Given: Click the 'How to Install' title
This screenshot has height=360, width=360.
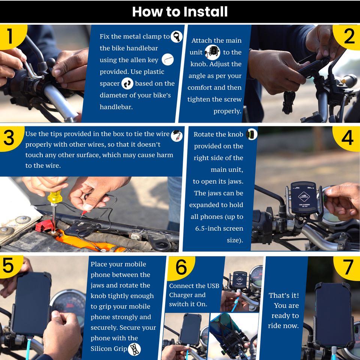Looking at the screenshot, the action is pos(180,12).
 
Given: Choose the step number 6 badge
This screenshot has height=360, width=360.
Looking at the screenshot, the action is pos(181,267).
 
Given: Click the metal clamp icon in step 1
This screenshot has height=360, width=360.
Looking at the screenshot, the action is pos(177,36).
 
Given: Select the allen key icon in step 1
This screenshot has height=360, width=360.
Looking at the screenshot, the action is pos(168,60).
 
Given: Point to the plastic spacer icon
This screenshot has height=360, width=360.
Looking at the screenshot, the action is pos(127,83).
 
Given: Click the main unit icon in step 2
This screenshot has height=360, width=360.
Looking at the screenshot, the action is pos(212,52).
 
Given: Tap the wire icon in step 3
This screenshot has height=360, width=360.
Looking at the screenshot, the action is pos(177,135).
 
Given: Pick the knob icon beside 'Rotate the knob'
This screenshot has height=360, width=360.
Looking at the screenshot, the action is pos(252,134).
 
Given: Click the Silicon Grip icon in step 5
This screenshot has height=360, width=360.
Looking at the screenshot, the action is pos(134,349).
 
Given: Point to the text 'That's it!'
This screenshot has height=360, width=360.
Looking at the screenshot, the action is pos(284,295).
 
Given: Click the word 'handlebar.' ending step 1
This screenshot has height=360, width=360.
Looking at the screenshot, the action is pos(116,107).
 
